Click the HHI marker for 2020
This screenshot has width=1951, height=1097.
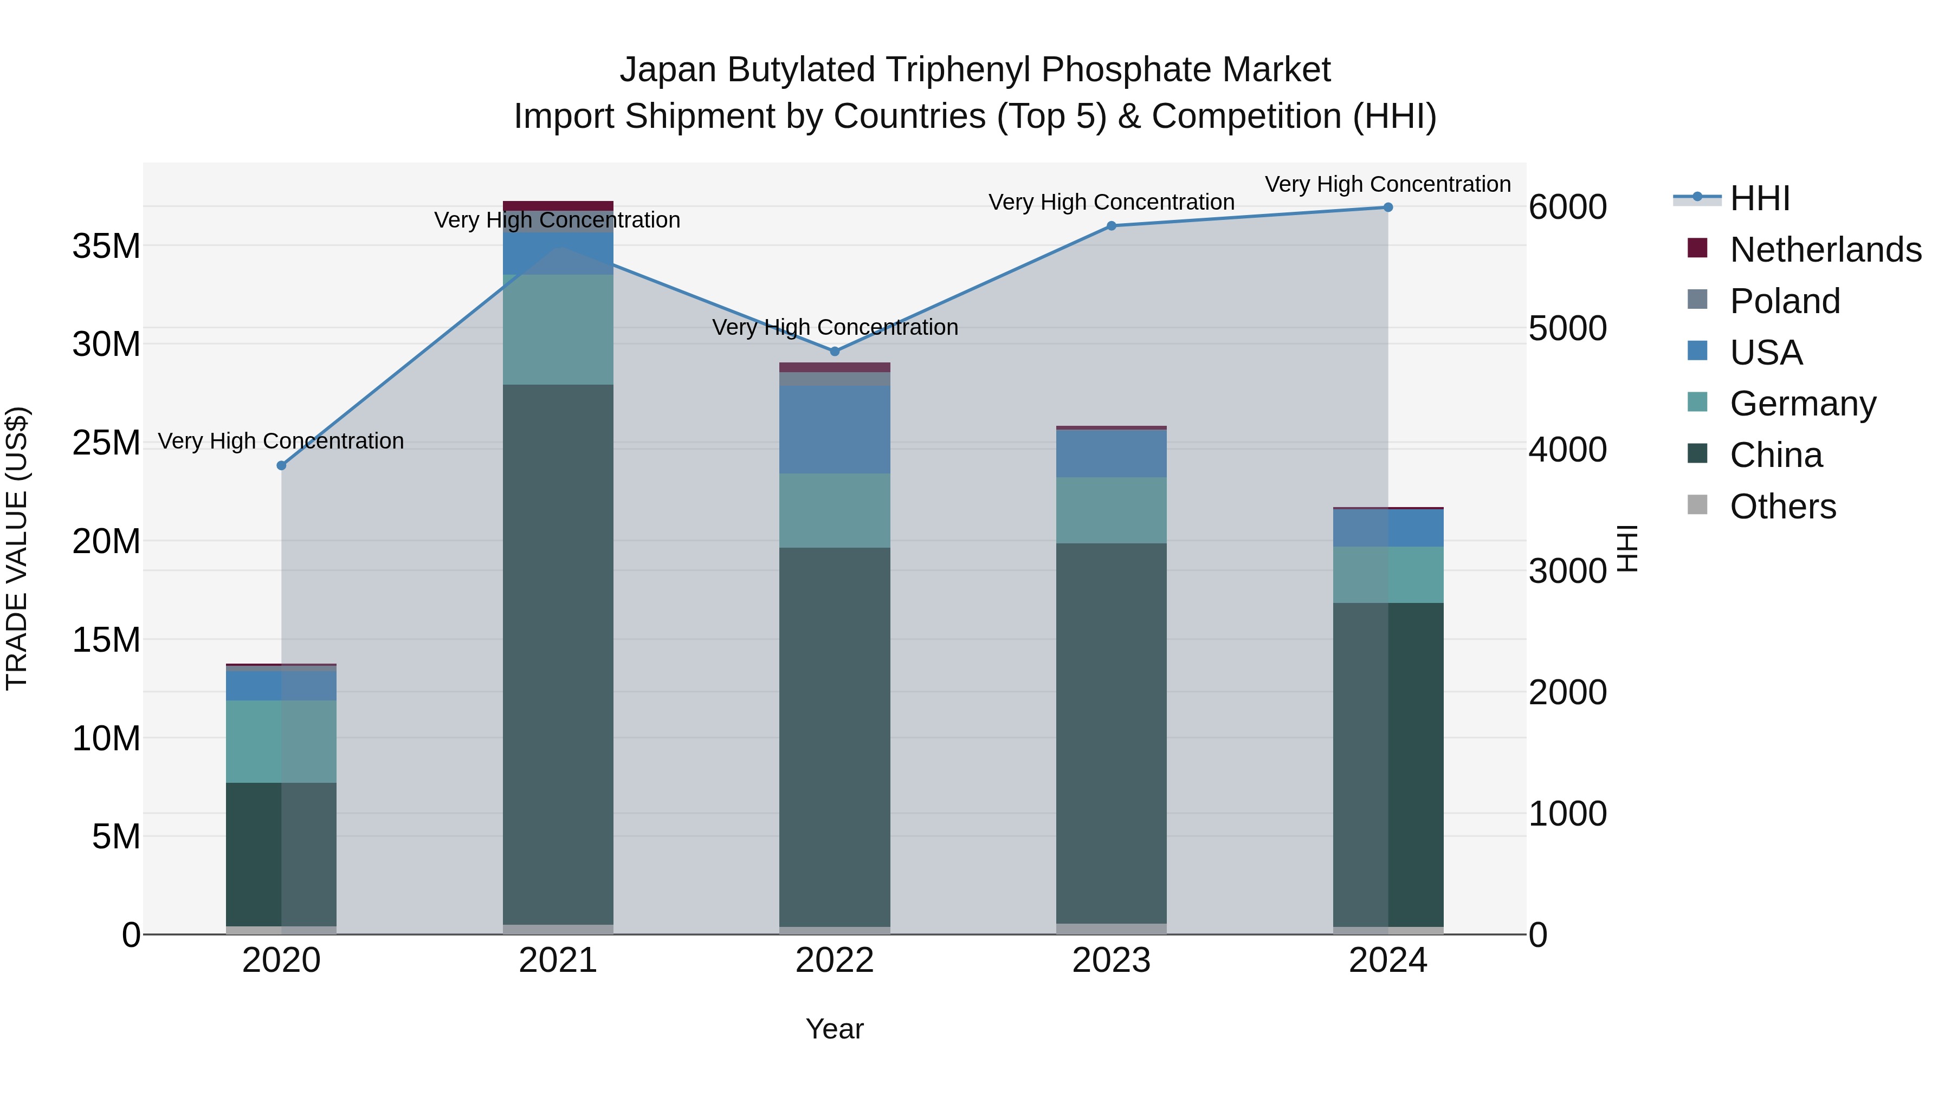[x=282, y=465]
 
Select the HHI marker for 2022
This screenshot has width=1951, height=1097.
[x=835, y=351]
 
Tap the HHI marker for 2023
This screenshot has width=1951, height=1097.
[x=1111, y=225]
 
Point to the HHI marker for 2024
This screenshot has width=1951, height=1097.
[x=1387, y=207]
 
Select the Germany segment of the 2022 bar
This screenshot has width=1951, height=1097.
[x=835, y=510]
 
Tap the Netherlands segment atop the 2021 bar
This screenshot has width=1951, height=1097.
[x=558, y=206]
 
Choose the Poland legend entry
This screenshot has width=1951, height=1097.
[x=1785, y=301]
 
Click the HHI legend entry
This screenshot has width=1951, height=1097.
[x=1759, y=198]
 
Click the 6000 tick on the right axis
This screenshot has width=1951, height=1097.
[x=1567, y=207]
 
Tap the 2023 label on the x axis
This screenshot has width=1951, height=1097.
[x=1111, y=960]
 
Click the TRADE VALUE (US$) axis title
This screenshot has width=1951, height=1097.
[x=17, y=548]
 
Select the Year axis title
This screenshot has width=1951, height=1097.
[x=835, y=1029]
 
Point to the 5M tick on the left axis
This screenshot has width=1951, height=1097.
[x=116, y=836]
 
